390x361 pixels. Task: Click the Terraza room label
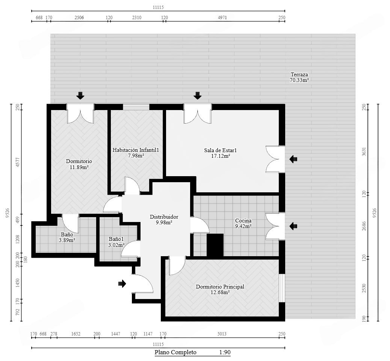[x=299, y=74]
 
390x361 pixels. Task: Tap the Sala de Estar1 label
[x=221, y=150]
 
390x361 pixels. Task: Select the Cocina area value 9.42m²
[x=243, y=226]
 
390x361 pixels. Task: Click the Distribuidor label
[x=164, y=217]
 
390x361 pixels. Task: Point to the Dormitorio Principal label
[x=220, y=287]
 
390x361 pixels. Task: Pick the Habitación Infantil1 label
[x=136, y=150]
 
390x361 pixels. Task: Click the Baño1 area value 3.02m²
[x=116, y=245]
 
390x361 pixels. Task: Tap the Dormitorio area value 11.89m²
[x=79, y=167]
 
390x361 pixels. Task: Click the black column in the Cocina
[x=215, y=245]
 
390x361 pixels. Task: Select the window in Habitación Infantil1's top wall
[x=136, y=107]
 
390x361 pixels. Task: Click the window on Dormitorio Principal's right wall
[x=282, y=288]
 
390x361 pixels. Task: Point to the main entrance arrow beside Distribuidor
[x=122, y=284]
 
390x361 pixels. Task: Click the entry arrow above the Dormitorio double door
[x=80, y=95]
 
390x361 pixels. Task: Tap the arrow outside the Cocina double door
[x=293, y=226]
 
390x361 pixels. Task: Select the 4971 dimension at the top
[x=222, y=17]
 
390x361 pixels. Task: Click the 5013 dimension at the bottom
[x=222, y=334]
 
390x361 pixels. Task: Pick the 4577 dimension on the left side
[x=17, y=162]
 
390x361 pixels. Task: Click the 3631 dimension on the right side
[x=364, y=152]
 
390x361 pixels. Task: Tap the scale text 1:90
[x=225, y=352]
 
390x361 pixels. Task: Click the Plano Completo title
[x=175, y=352]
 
